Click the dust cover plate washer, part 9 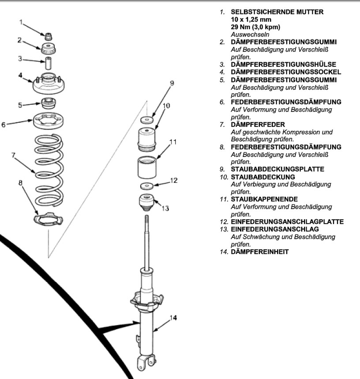[147, 119]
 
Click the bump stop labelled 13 [147, 202]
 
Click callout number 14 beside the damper [173, 317]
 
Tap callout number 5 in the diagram [19, 105]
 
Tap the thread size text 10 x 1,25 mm [251, 19]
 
